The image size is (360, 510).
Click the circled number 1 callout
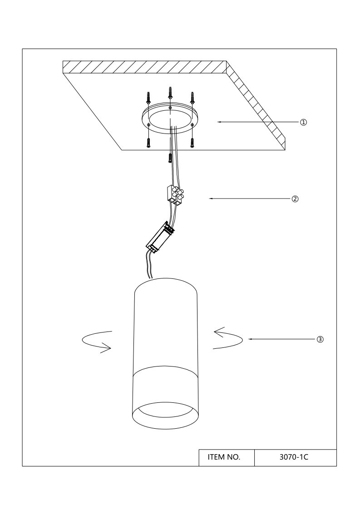pyautogui.click(x=303, y=122)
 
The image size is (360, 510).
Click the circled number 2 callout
pyautogui.click(x=295, y=199)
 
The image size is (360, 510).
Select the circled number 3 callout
pyautogui.click(x=320, y=339)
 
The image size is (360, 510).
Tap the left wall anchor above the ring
pyautogui.click(x=148, y=98)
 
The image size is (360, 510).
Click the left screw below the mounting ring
pyautogui.click(x=148, y=143)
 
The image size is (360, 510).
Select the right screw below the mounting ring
pyautogui.click(x=192, y=143)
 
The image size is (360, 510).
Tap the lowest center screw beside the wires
pyautogui.click(x=170, y=158)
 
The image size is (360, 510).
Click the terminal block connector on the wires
pyautogui.click(x=175, y=195)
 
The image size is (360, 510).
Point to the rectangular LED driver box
pyautogui.click(x=160, y=237)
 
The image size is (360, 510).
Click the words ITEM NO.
pyautogui.click(x=224, y=457)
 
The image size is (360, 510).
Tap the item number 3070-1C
pyautogui.click(x=294, y=457)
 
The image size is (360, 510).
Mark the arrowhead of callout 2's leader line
pyautogui.click(x=210, y=198)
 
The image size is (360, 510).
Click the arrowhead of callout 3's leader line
pyautogui.click(x=250, y=339)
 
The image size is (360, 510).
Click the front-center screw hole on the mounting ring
pyautogui.click(x=170, y=108)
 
